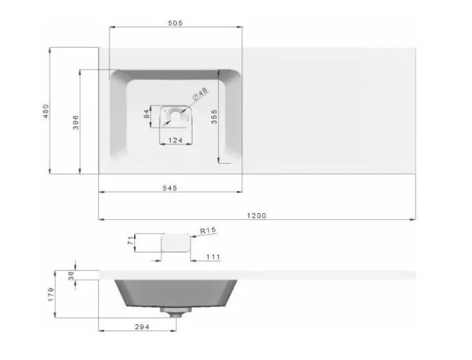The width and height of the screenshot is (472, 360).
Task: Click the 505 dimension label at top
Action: [175, 23]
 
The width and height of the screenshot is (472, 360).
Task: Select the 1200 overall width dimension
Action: [256, 216]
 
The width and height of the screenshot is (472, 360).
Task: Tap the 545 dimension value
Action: [170, 188]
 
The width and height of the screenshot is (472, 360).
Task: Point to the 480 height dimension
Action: [46, 111]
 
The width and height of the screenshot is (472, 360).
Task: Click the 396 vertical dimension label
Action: [76, 122]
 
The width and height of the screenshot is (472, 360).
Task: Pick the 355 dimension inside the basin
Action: [214, 117]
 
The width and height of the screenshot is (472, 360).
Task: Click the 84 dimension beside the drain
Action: [147, 114]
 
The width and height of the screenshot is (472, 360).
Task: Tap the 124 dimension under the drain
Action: [176, 140]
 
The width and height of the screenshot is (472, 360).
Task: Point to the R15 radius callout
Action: [208, 231]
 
